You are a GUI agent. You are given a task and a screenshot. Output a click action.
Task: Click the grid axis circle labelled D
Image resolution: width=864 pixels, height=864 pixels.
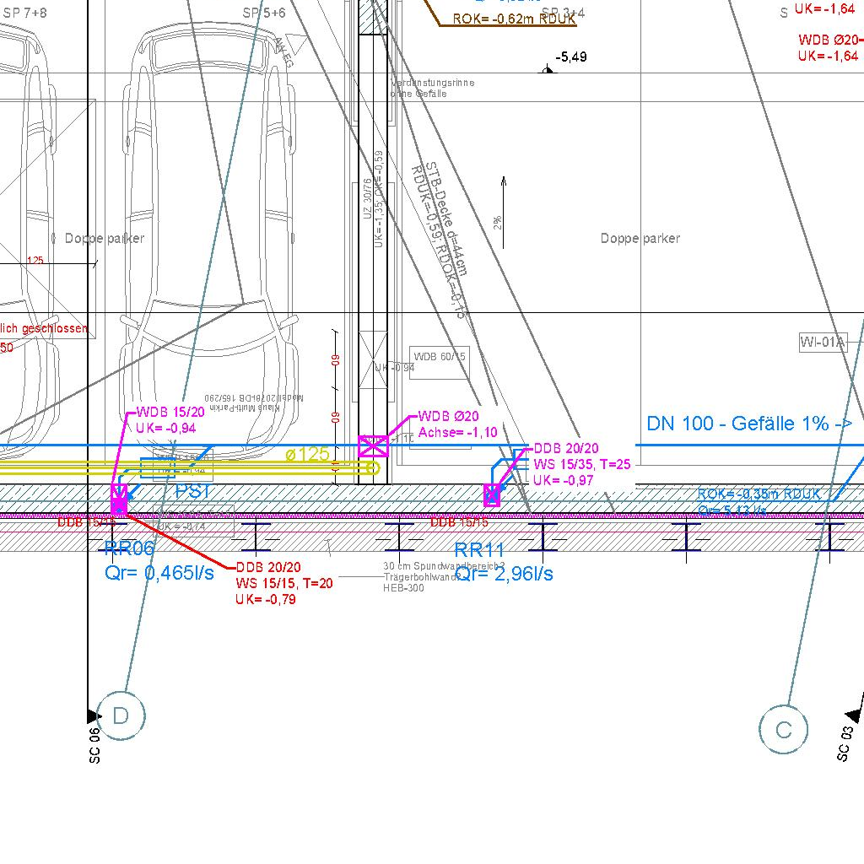121,716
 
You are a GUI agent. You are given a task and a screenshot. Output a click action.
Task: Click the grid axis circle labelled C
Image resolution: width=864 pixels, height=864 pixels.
783,730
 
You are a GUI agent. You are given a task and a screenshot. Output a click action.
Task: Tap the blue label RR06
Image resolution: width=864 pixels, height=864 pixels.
130,549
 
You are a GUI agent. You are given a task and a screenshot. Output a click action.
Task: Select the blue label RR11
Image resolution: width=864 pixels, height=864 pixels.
479,552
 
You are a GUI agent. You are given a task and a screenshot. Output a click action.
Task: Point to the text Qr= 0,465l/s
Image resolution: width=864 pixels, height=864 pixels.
159,573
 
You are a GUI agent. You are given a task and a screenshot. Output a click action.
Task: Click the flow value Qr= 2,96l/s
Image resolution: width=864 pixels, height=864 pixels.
504,575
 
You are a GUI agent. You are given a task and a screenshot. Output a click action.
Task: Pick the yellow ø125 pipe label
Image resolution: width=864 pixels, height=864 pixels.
307,455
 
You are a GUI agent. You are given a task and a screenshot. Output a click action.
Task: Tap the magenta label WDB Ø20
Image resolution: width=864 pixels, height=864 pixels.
448,417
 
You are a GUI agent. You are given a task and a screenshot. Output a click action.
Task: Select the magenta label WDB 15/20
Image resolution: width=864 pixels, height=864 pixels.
170,413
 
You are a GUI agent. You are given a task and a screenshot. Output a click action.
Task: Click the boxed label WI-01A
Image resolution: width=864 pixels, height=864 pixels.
822,342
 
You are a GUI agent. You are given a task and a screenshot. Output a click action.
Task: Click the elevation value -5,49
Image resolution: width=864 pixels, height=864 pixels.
571,57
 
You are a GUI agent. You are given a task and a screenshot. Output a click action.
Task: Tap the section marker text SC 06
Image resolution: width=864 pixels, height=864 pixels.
94,746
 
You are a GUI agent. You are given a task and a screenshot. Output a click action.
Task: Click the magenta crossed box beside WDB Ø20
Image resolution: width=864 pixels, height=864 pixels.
373,446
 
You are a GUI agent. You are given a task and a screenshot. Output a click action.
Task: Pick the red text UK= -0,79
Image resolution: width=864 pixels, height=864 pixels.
266,599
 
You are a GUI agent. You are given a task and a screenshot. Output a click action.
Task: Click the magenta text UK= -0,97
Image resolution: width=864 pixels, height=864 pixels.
563,480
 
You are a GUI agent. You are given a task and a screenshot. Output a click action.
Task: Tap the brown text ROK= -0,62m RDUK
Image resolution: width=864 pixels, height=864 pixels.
514,19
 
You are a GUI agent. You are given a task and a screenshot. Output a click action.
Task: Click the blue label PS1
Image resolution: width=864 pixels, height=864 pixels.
192,491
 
